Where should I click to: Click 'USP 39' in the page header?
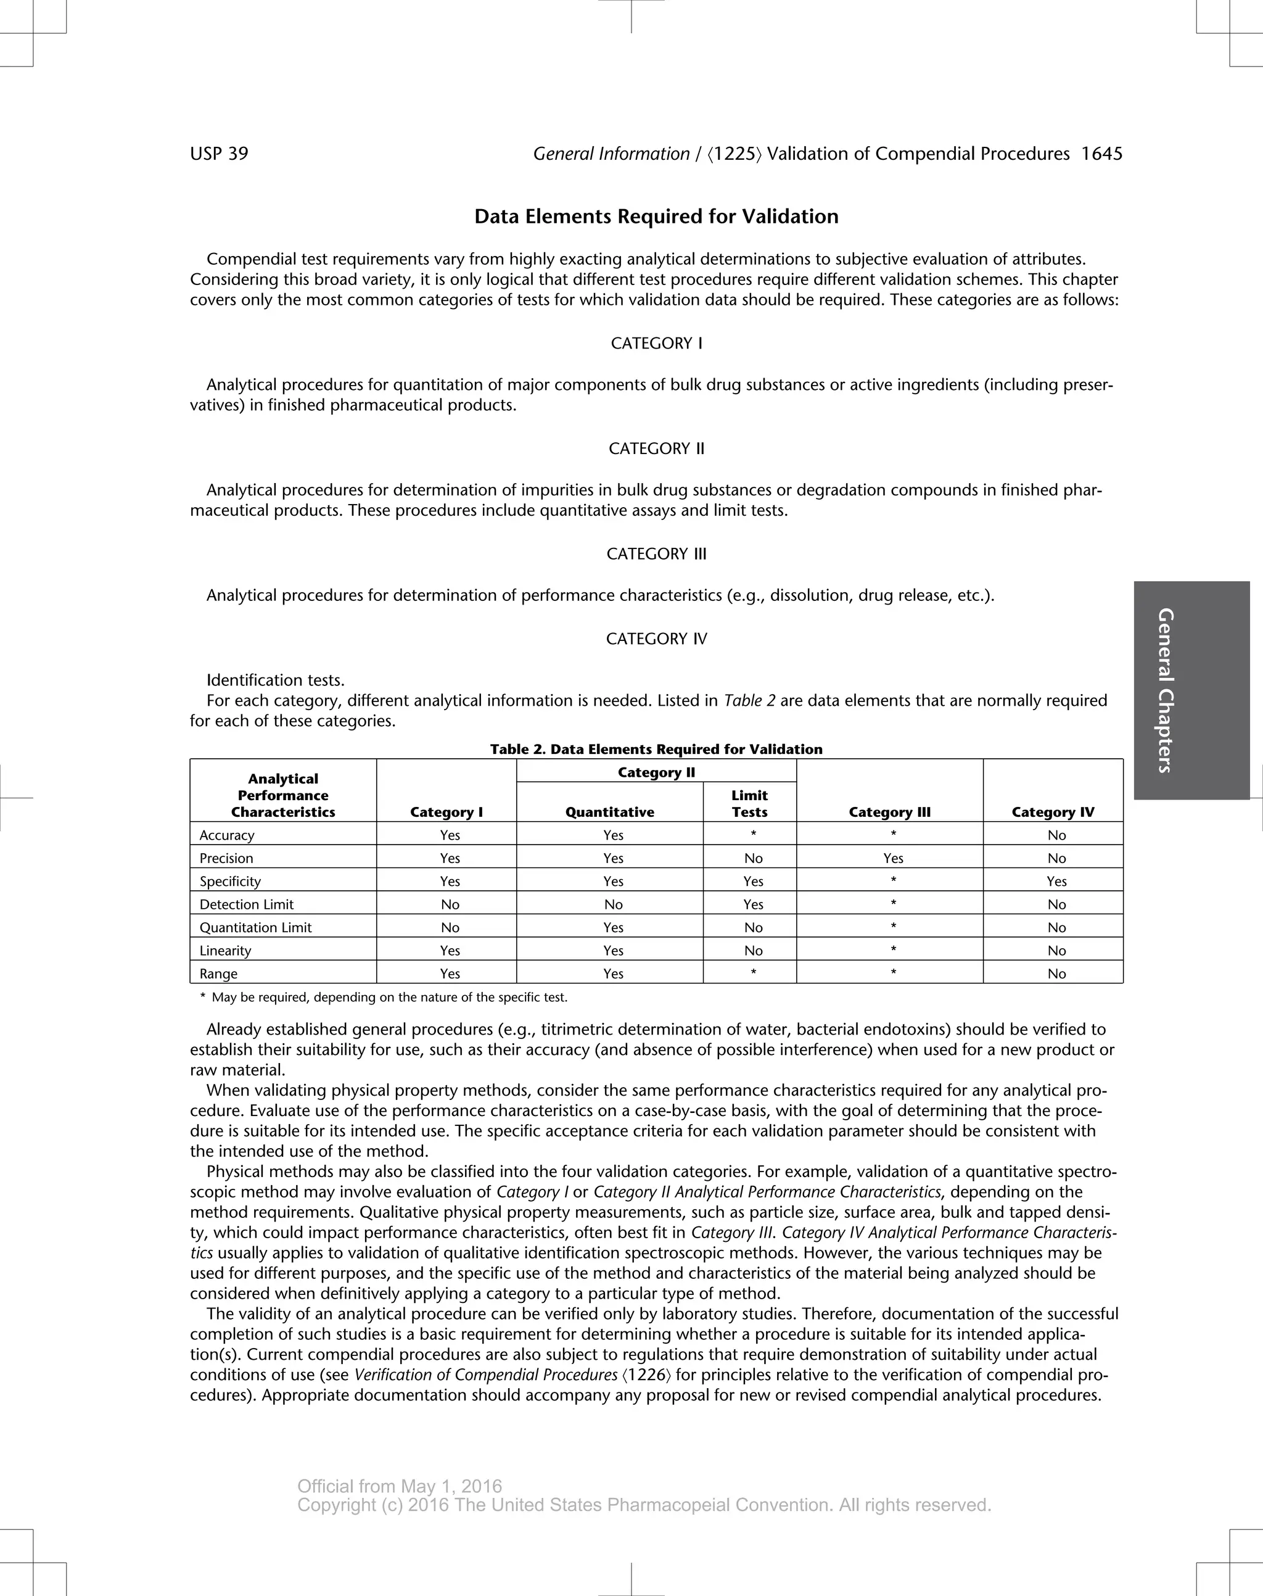[x=219, y=154]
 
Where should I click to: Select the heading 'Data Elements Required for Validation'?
[x=656, y=217]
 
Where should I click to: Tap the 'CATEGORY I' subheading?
[x=656, y=343]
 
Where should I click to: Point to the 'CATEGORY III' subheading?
[x=656, y=554]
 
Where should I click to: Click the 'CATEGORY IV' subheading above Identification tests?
[x=656, y=639]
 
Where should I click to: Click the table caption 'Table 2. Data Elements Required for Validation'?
[x=656, y=749]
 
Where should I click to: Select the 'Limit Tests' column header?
[x=749, y=803]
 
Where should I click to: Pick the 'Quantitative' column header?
[x=609, y=812]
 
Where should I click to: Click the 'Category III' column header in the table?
[x=889, y=812]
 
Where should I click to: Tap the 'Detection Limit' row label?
[x=246, y=904]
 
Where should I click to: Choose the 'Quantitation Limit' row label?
[x=255, y=927]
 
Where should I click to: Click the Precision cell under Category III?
[x=892, y=858]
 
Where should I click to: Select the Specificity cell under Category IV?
[x=1056, y=882]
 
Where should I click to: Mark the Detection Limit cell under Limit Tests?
[x=753, y=904]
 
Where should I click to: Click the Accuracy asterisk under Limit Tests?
[x=753, y=834]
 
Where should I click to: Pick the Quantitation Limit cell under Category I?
[x=450, y=927]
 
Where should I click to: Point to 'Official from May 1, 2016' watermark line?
[x=399, y=1487]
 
